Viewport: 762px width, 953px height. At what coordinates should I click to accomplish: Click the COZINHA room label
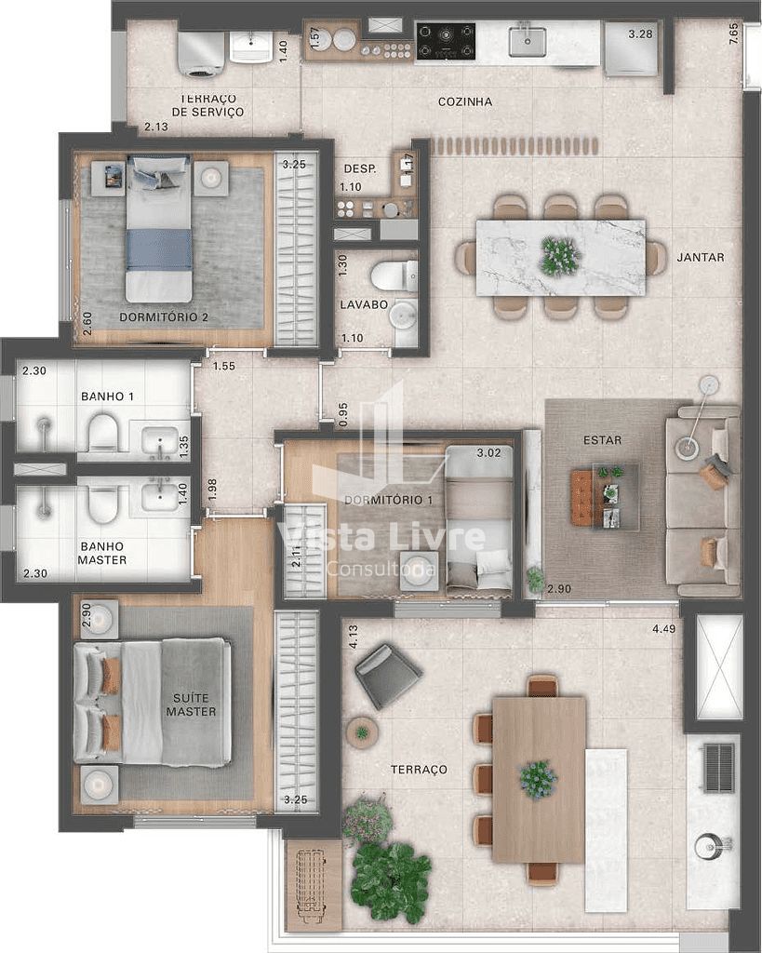coord(465,102)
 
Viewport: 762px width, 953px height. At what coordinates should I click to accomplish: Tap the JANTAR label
coord(701,257)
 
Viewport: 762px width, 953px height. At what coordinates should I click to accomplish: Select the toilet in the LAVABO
coord(394,275)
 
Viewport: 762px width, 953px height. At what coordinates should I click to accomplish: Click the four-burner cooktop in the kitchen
coord(446,41)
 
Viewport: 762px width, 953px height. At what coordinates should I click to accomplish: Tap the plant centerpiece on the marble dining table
coord(559,255)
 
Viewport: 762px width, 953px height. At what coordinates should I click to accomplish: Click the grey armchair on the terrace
coord(388,676)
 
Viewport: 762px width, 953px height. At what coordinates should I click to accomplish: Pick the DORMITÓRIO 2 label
coord(164,317)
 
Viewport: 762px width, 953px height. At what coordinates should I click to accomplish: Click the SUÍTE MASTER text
coord(192,705)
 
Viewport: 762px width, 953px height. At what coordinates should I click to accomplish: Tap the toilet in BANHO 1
coord(102,432)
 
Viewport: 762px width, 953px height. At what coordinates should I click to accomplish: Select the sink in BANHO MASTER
coord(160,495)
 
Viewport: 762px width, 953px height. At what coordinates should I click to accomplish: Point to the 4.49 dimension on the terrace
coord(663,629)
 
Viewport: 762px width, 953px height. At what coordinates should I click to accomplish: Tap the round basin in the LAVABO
coord(403,316)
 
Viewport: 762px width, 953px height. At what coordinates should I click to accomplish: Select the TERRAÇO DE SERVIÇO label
coord(207,105)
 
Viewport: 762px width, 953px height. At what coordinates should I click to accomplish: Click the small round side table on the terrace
coord(362,732)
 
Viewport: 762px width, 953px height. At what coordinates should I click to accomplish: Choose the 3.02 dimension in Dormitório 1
coord(488,453)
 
